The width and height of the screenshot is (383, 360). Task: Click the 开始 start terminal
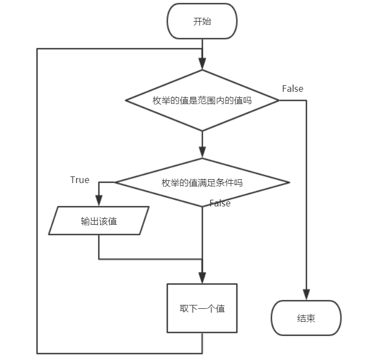coord(202,22)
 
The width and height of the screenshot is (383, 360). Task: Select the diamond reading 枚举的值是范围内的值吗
coord(202,101)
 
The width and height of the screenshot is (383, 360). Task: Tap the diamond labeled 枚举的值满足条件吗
coord(202,183)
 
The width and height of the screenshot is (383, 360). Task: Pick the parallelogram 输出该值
coord(99,221)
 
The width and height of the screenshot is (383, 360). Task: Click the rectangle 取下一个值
coord(202,308)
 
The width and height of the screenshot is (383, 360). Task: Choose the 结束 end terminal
coord(306,318)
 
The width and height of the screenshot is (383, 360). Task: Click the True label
coord(80,180)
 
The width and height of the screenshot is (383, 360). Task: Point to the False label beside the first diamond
coord(292,88)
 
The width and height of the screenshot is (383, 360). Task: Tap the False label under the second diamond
coord(220,203)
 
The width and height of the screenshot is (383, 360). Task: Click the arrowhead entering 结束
coord(306,295)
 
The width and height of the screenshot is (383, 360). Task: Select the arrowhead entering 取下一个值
coord(202,279)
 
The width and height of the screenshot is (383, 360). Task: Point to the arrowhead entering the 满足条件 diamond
coord(202,154)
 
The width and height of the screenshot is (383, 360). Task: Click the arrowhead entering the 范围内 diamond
coord(202,65)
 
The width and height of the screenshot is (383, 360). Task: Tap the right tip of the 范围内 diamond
coord(278,101)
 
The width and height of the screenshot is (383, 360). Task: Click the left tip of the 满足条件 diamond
coord(115,183)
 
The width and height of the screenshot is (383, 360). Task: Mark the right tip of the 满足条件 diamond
coord(289,183)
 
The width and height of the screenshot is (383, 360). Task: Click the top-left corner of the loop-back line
coord(37,49)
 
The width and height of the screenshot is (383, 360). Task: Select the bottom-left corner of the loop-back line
coord(37,353)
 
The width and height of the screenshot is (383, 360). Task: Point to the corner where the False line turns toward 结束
coord(306,101)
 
